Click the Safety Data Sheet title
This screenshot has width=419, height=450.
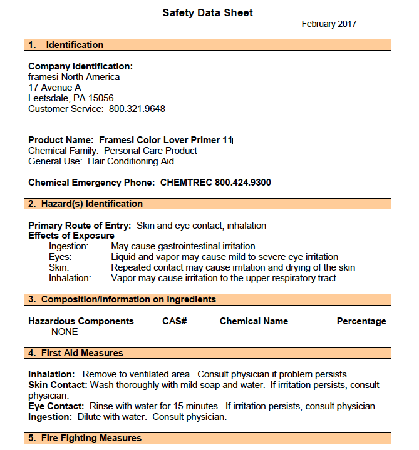click(x=207, y=12)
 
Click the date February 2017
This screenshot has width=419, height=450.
click(x=329, y=24)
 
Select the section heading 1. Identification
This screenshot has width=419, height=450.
click(x=66, y=45)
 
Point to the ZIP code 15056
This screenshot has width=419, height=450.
click(x=101, y=98)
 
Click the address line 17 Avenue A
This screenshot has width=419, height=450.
click(x=54, y=87)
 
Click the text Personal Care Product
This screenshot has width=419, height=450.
click(x=150, y=151)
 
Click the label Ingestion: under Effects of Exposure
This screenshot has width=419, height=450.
click(x=69, y=246)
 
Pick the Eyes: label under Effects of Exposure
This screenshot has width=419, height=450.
click(x=60, y=257)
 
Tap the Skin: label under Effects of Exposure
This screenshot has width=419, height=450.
click(x=59, y=267)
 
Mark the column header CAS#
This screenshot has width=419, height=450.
click(x=175, y=321)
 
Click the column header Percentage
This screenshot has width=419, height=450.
click(x=361, y=321)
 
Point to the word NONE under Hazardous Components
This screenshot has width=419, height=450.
click(x=65, y=332)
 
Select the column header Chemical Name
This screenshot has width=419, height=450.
click(x=254, y=321)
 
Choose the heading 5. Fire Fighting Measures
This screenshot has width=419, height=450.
click(x=85, y=438)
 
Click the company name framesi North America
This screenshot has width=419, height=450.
click(x=74, y=77)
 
